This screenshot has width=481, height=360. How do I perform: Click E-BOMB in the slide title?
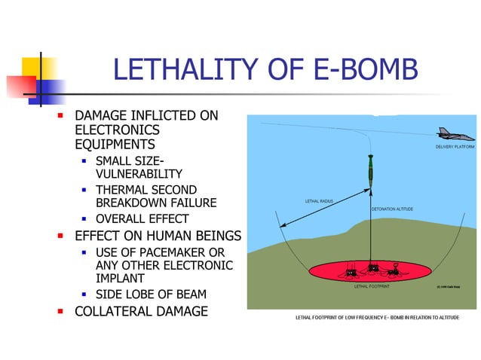(x=362, y=71)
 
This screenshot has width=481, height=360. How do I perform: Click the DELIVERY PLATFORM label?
(x=455, y=147)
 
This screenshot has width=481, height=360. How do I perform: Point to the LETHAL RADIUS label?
(x=319, y=201)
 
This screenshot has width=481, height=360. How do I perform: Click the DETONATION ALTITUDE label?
(x=392, y=208)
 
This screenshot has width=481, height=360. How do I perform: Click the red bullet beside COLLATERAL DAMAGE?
(x=61, y=311)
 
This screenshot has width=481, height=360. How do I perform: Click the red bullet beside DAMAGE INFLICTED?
(x=61, y=117)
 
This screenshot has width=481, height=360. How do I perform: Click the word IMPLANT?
(x=121, y=279)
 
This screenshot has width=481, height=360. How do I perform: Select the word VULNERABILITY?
(x=139, y=173)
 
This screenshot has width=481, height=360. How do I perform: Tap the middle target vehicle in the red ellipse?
(x=372, y=268)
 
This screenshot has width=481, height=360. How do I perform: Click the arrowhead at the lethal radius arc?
(x=281, y=225)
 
